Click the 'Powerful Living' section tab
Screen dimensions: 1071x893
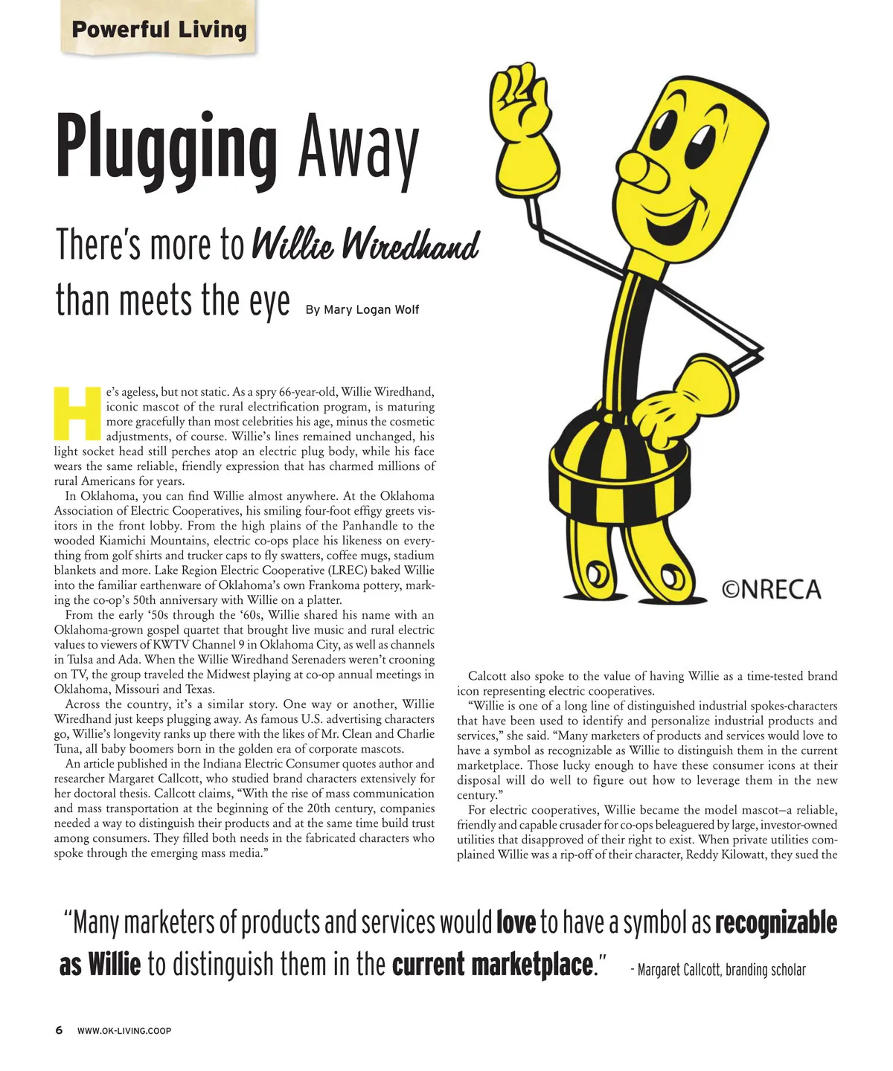[x=159, y=30]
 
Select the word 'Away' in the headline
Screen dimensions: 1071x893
[x=358, y=149]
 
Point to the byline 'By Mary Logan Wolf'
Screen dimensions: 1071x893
[x=362, y=309]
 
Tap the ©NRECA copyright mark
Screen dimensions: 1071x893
[x=771, y=590]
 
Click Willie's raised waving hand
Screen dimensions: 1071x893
[x=523, y=119]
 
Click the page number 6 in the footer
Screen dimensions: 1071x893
[x=59, y=1030]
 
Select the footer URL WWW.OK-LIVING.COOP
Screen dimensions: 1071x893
[x=124, y=1031]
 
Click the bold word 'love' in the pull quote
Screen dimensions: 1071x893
[x=516, y=923]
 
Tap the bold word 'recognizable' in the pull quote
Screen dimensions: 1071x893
[x=775, y=923]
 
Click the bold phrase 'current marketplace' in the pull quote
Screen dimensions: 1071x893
[x=493, y=965]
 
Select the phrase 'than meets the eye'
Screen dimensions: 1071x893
[x=173, y=301]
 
